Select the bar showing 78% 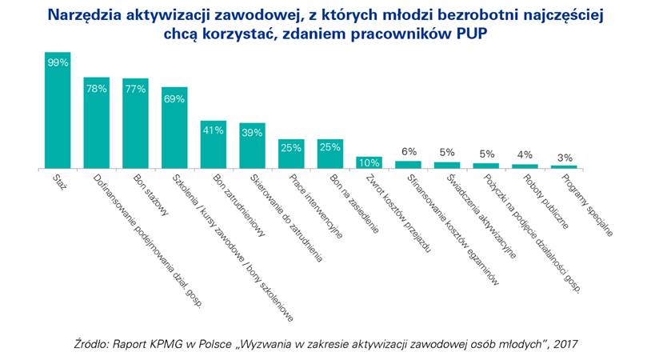click(96, 123)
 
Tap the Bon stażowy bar click(135, 124)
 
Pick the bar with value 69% click(174, 128)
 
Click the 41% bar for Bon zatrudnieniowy click(213, 145)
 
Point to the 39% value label click(252, 133)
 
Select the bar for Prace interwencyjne click(291, 154)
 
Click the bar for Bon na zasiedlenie click(330, 154)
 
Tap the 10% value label click(369, 162)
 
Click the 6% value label click(409, 151)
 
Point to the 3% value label click(565, 157)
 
